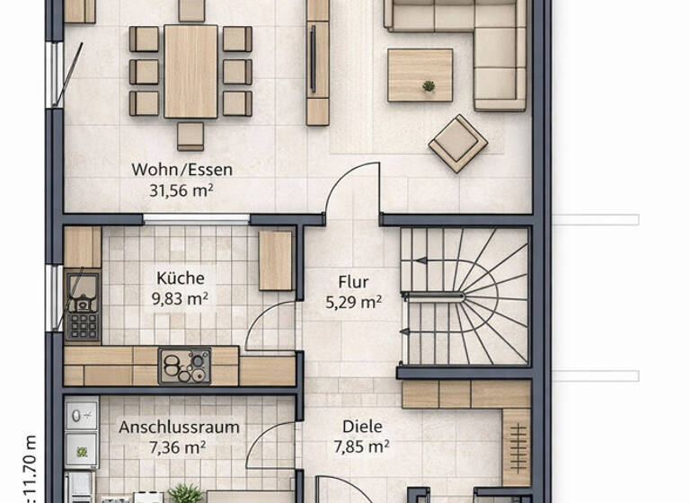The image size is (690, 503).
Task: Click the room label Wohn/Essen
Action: pyautogui.click(x=181, y=169)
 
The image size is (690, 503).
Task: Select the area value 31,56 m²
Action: pyautogui.click(x=181, y=190)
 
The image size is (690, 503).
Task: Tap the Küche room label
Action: pyautogui.click(x=180, y=278)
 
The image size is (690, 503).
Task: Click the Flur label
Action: pyautogui.click(x=353, y=282)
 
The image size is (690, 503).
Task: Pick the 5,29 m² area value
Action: pyautogui.click(x=353, y=303)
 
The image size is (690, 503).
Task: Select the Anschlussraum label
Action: pyautogui.click(x=179, y=427)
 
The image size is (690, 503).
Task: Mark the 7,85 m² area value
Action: pyautogui.click(x=361, y=446)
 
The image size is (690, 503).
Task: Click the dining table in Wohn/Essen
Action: pyautogui.click(x=190, y=71)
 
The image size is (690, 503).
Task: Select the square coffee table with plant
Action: pyautogui.click(x=420, y=75)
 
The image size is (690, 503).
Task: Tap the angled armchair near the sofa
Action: pyautogui.click(x=457, y=143)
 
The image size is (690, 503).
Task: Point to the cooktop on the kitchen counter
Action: pyautogui.click(x=184, y=366)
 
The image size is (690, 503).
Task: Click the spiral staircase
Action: pyautogui.click(x=463, y=296)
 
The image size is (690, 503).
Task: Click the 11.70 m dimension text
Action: pyautogui.click(x=30, y=467)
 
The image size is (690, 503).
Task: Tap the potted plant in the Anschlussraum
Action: pyautogui.click(x=185, y=494)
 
